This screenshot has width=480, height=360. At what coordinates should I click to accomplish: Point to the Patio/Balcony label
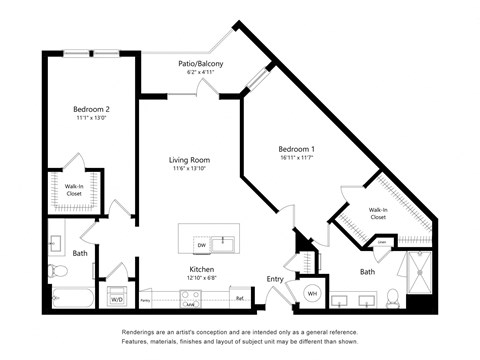[200, 63]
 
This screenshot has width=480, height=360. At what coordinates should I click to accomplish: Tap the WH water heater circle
[310, 293]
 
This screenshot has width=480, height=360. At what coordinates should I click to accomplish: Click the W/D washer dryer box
[117, 298]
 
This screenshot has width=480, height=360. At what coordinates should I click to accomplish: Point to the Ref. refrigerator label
[240, 297]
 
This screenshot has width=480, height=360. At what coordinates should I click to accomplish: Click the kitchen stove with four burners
[190, 297]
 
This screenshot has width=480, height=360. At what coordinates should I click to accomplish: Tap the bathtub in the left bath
[70, 298]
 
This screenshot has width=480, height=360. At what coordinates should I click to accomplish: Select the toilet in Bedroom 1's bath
[392, 297]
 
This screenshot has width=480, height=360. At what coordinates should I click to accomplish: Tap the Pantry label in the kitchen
[146, 299]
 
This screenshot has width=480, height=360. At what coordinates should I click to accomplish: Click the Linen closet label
[383, 242]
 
